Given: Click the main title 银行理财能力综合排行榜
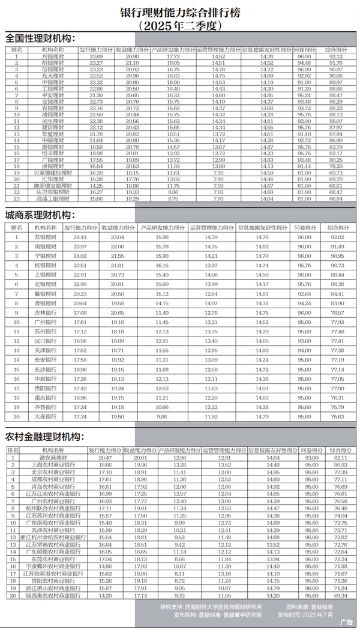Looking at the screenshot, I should [x=180, y=11].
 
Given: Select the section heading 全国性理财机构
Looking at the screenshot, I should [x=41, y=38].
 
